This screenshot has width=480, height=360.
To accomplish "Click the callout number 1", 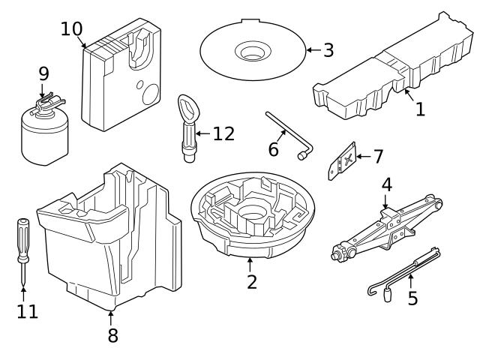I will (420, 109).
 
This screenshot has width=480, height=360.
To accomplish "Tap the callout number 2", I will (252, 282).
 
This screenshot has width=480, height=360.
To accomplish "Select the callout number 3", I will (328, 51).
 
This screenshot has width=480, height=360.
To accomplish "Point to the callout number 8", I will (112, 335).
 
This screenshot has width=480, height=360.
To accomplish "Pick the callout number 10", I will (72, 29).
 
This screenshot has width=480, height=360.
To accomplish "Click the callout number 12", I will (223, 133).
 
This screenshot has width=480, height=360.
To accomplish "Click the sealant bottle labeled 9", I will (43, 135).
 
